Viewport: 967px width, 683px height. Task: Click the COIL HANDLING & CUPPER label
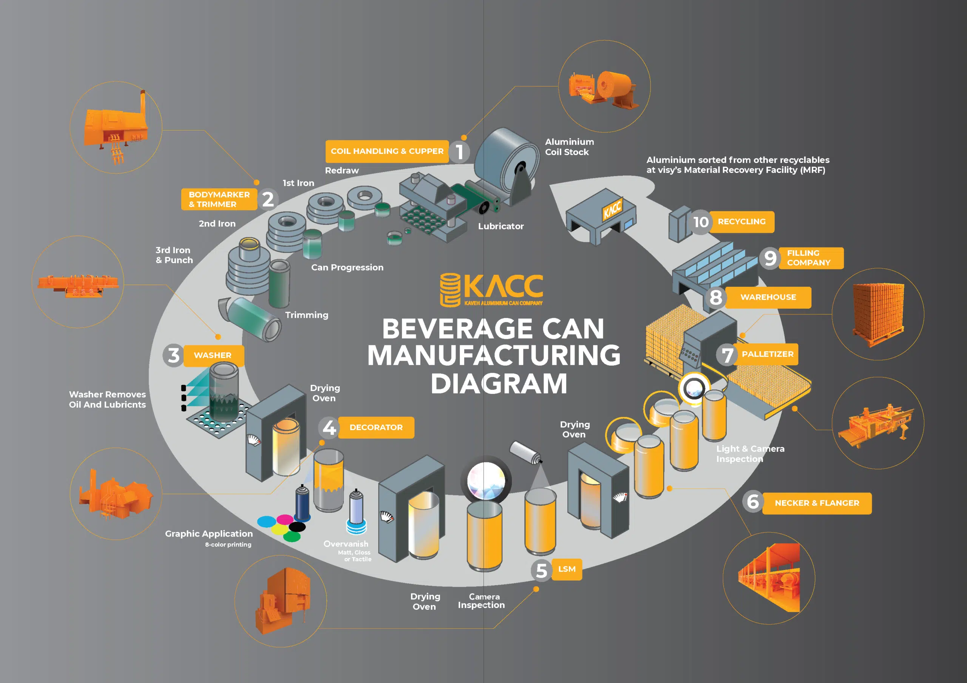[x=387, y=151]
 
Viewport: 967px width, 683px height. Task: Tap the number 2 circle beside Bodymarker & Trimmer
[x=268, y=199]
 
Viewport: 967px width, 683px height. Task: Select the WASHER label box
[x=213, y=355]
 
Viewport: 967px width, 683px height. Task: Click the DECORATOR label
[x=376, y=428]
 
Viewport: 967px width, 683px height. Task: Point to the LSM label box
[x=567, y=569]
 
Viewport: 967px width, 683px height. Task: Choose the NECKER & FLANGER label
[x=817, y=503]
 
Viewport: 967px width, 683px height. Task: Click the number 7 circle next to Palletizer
[x=727, y=355]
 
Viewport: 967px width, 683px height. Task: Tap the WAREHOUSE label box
[x=768, y=297]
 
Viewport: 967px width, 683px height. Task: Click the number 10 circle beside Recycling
[x=701, y=222]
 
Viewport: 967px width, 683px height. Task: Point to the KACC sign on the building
[x=612, y=209]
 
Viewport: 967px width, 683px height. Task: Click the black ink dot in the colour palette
[x=297, y=527]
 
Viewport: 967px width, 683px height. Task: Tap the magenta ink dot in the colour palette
[x=284, y=519]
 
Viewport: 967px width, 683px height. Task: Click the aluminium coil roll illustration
[x=508, y=162]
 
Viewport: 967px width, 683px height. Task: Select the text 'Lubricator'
[x=501, y=226]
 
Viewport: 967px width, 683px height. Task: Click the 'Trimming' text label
[x=307, y=315]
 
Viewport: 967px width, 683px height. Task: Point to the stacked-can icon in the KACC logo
[x=450, y=289]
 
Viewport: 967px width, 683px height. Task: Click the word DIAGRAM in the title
[x=499, y=383]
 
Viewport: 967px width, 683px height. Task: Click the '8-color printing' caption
[x=228, y=545]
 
